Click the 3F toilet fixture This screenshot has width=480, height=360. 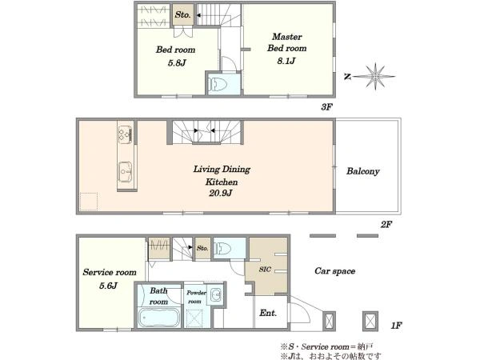217,83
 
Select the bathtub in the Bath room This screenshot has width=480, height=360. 158,318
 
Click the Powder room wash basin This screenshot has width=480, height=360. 217,294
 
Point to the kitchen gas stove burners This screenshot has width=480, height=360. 126,134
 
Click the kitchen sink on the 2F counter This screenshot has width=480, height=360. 126,172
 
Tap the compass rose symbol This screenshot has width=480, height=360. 375,76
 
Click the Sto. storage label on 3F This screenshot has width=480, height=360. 182,14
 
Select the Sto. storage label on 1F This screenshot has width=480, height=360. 202,248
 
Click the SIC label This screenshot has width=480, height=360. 265,269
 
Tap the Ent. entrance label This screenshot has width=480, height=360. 268,313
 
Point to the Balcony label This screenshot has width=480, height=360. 362,171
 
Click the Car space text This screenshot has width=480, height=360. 335,271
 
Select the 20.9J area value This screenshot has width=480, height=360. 221,193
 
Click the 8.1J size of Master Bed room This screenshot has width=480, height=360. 286,61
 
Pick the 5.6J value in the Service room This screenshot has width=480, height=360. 108,286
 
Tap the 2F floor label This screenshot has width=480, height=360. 386,225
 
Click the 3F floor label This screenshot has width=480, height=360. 326,107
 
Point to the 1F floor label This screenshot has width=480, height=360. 396,326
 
